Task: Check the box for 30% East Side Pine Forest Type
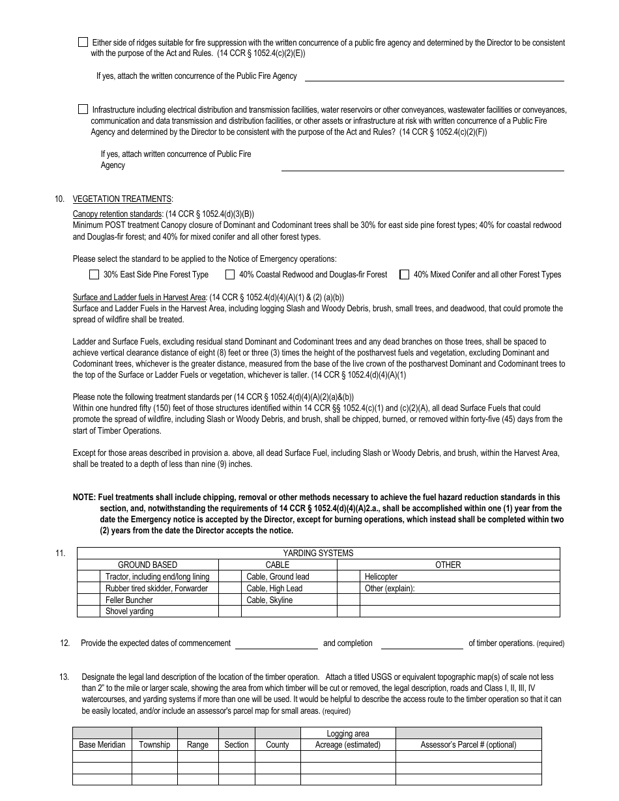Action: click(94, 274)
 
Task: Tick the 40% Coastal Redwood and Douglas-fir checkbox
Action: click(230, 274)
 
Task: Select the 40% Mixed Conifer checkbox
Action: click(405, 274)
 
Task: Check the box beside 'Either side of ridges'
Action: click(83, 42)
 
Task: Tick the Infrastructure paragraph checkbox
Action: click(83, 109)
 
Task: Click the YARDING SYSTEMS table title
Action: click(318, 553)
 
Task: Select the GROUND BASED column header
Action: click(147, 565)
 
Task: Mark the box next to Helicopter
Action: click(349, 576)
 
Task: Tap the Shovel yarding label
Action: click(130, 611)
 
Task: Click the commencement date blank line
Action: click(276, 643)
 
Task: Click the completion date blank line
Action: click(422, 643)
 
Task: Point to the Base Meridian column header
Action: click(102, 744)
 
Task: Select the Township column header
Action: click(154, 744)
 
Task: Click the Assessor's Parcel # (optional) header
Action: click(468, 744)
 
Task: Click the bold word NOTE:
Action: click(85, 497)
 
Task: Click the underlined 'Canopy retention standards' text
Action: click(117, 214)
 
